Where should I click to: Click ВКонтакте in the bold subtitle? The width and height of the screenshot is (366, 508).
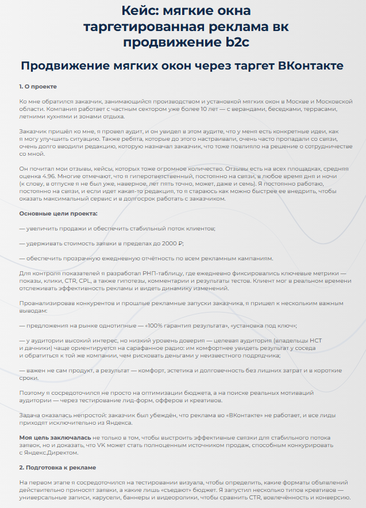click(x=310, y=66)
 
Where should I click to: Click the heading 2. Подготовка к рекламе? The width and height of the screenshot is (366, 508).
click(x=57, y=467)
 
